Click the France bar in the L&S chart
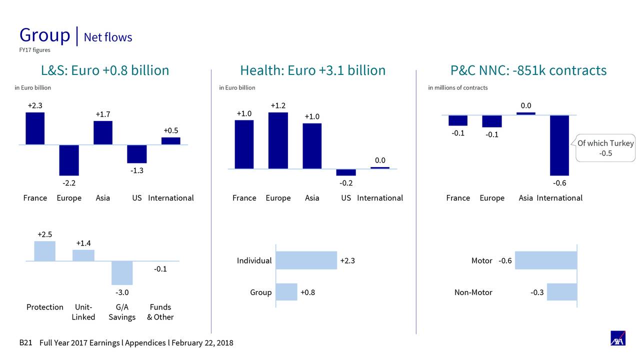tap(35, 128)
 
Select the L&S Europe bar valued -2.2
tap(69, 160)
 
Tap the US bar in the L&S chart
tap(136, 154)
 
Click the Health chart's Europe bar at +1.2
tap(278, 140)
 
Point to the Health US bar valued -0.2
tap(346, 172)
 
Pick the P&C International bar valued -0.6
tap(559, 145)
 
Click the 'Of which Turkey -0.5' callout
tap(605, 148)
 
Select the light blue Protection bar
tap(44, 251)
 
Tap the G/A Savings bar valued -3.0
tap(122, 272)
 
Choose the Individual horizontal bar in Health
tap(306, 260)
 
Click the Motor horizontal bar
tap(545, 260)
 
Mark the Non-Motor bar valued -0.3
tap(561, 292)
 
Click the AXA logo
tap(617, 338)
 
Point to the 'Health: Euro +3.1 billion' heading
tap(312, 70)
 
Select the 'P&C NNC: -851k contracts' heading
tap(528, 70)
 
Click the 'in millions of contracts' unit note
tap(457, 88)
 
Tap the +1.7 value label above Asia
tap(102, 114)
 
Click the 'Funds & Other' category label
tap(160, 312)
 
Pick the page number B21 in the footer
tap(25, 343)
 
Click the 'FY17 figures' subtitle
tap(34, 50)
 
